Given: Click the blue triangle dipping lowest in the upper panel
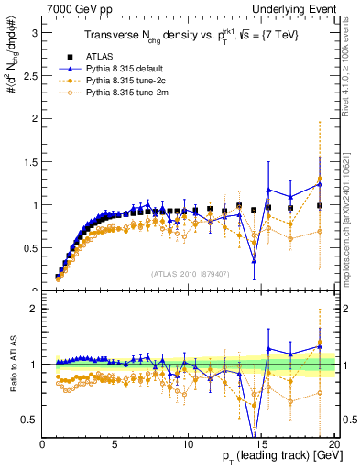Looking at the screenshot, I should (x=254, y=261).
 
